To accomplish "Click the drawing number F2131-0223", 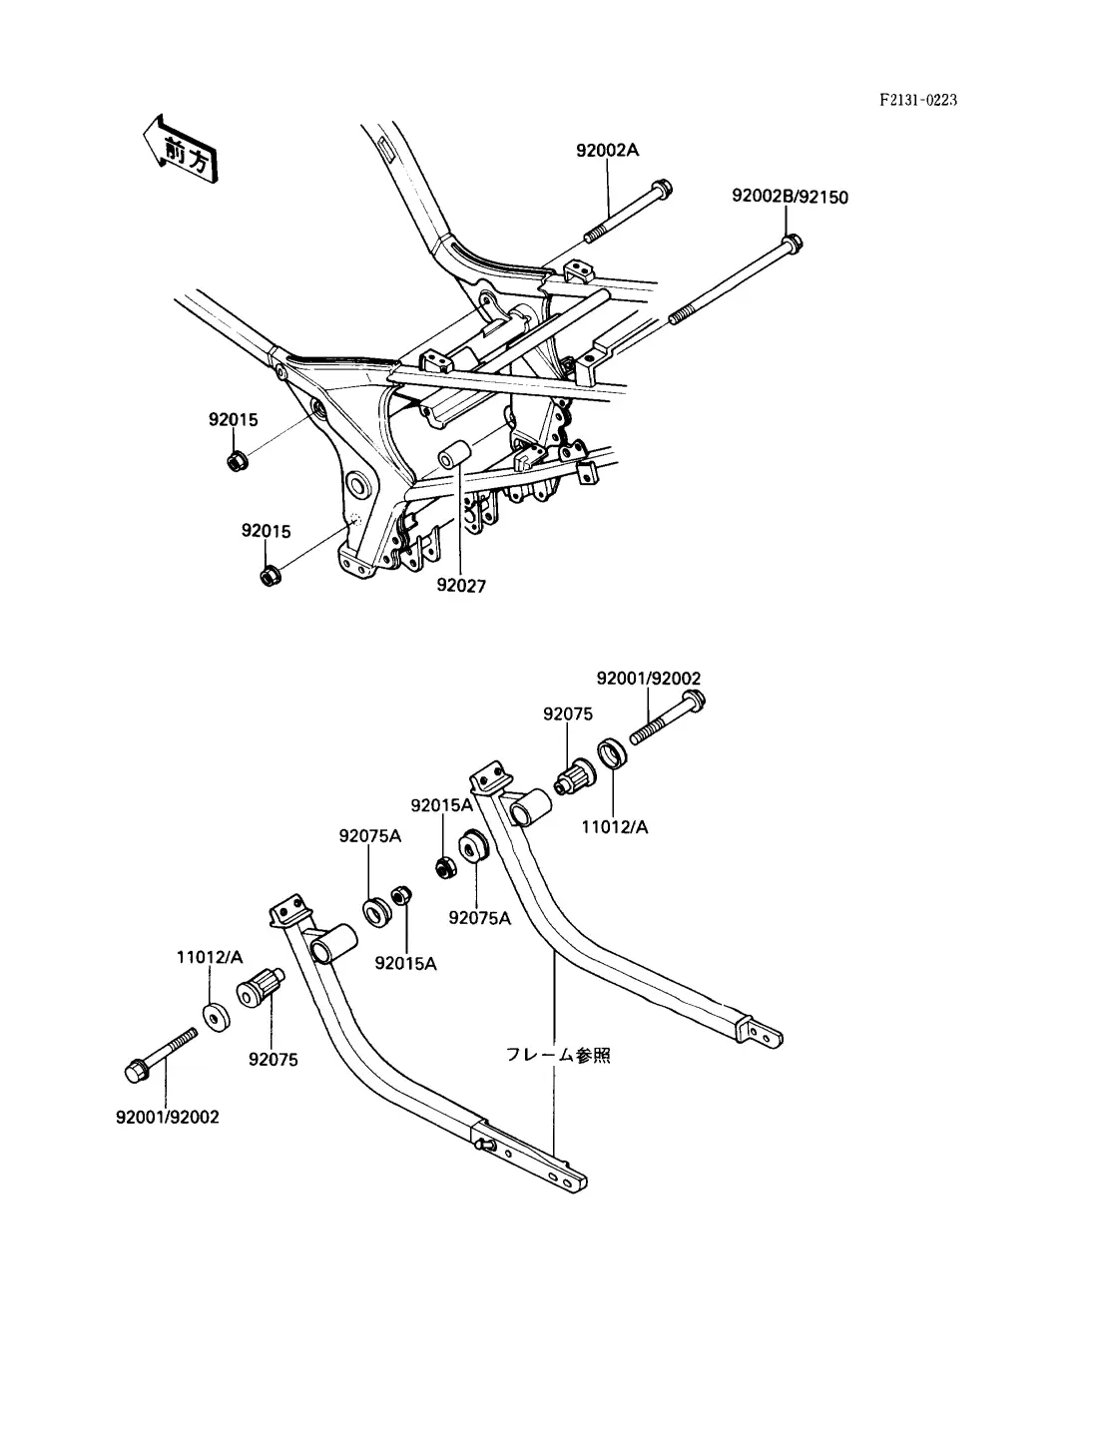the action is pos(918,100).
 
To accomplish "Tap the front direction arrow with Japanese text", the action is pos(180,150).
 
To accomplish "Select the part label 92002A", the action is pos(607,151).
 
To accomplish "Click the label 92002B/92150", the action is pos(790,197).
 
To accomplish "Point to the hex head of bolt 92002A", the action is pos(663,189).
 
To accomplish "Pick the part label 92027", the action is pos(461,586).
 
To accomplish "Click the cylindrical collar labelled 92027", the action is pos(455,454).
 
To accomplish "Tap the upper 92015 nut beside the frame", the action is pos(237,461).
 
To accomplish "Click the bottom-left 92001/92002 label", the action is pos(168,1117).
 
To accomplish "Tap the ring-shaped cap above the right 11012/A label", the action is pos(613,753).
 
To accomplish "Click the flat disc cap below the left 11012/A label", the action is pos(216,1019).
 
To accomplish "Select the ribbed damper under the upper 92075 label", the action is pos(574,776).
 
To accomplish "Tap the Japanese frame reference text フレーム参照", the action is pos(558,1055).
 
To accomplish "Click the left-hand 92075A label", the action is pos(369,836).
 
